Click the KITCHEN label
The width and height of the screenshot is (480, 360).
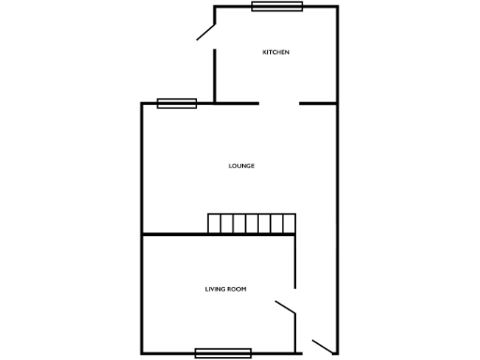point(276,52)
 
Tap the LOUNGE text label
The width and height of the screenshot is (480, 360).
point(242,166)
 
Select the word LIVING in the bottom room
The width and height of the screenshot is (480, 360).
point(215,289)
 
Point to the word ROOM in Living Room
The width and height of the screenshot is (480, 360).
point(236,289)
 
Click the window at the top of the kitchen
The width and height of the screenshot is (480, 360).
point(277,7)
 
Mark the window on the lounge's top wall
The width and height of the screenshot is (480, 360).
point(176,103)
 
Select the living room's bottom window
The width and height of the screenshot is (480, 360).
point(223,352)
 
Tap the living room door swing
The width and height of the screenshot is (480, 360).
point(285,307)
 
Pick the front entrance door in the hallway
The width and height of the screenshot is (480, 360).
point(322,347)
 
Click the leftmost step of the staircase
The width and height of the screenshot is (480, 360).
point(214,223)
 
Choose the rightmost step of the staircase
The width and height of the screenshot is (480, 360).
point(289,223)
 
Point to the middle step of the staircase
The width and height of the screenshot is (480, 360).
point(251,223)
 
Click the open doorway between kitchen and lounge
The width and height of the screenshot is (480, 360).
point(278,103)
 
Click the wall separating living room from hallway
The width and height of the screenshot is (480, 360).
point(295,262)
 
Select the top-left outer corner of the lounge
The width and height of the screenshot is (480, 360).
point(142,103)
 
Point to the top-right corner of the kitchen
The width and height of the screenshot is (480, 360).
point(337,7)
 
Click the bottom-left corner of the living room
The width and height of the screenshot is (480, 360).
point(142,352)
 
